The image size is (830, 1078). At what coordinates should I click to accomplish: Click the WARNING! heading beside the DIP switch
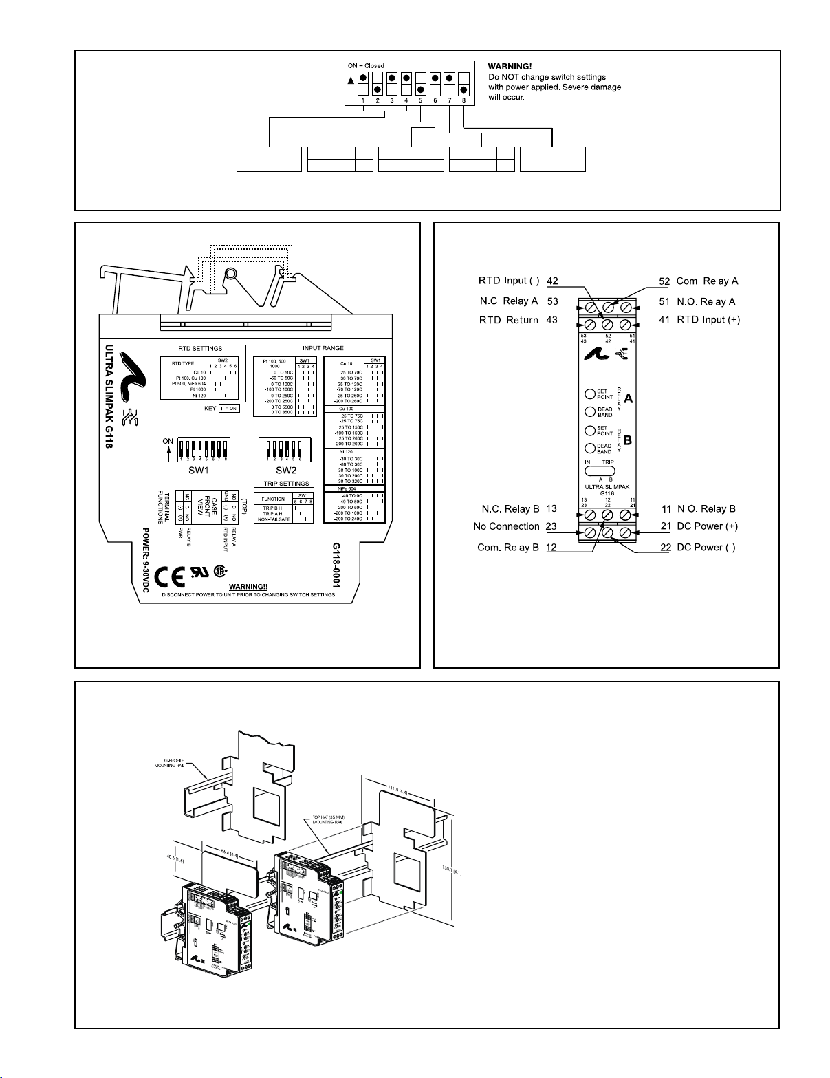(x=510, y=67)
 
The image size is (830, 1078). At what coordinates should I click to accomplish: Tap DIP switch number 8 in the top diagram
(x=464, y=84)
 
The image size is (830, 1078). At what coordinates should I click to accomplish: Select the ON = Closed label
(x=367, y=66)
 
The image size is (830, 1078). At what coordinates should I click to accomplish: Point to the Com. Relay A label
(x=708, y=281)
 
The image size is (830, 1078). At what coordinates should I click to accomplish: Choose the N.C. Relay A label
(x=509, y=301)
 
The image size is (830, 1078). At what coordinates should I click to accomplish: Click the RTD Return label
(x=509, y=320)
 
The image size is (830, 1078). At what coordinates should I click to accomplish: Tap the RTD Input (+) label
(x=708, y=320)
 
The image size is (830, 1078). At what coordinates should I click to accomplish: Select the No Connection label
(x=507, y=526)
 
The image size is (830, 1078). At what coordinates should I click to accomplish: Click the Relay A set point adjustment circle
(x=590, y=394)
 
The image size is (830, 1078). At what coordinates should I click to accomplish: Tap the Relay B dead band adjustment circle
(x=590, y=449)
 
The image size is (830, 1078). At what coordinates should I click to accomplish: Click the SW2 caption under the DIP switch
(x=285, y=471)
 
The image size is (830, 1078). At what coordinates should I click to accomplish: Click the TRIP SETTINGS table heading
(x=286, y=484)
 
